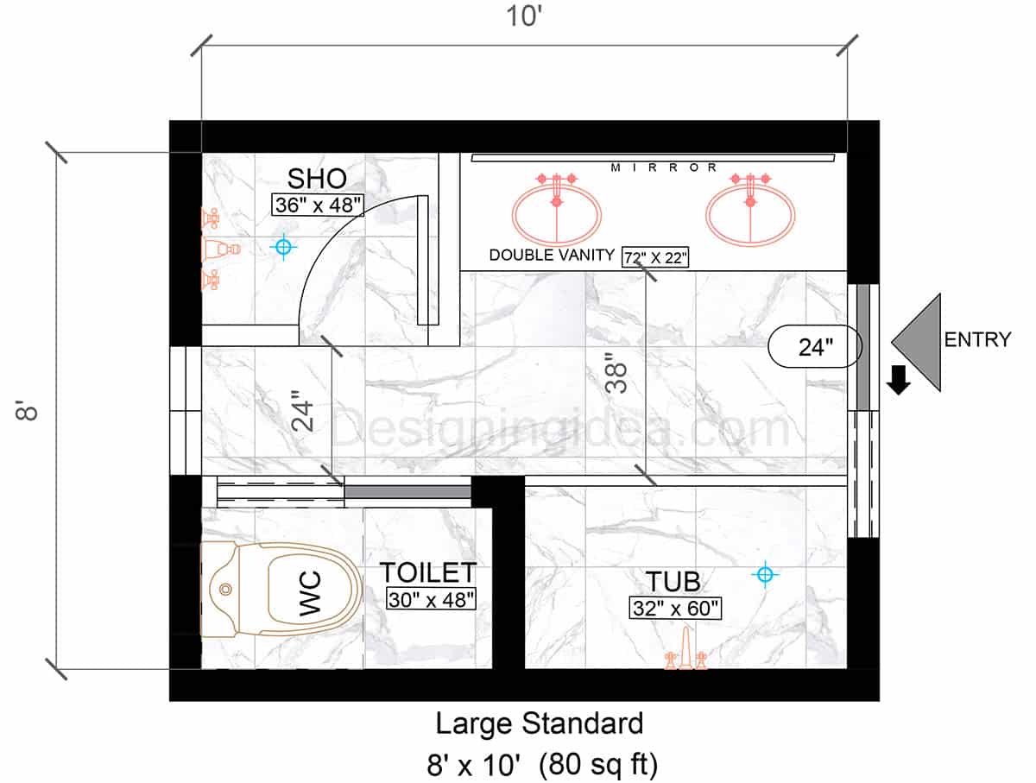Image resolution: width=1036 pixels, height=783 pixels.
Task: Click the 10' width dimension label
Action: coord(524,16)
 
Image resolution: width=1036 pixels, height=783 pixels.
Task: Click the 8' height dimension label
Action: coord(27,411)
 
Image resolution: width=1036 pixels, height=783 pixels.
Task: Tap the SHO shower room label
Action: coord(317,179)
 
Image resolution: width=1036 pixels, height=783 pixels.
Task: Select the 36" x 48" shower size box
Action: coord(318,205)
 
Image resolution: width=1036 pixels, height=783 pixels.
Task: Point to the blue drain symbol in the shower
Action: coord(283,247)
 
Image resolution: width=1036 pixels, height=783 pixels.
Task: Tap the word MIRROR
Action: coord(664,167)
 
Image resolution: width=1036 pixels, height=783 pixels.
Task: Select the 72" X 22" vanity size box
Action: coord(655,257)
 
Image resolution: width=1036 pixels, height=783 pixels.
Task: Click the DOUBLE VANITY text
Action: coord(552,255)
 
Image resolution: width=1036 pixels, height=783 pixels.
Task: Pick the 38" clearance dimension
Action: coord(616,373)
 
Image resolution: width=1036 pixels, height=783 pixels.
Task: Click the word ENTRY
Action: coord(977,340)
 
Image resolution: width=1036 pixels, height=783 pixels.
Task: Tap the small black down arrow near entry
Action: coord(899,380)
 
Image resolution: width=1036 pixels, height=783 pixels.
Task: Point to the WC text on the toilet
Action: coord(310,593)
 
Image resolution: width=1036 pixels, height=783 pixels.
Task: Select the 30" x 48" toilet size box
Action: coord(431,599)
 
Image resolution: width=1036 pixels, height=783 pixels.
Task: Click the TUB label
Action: coord(673,582)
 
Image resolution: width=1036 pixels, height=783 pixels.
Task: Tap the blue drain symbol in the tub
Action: coord(765,574)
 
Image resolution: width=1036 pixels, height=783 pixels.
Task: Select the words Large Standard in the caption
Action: coord(539,723)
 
